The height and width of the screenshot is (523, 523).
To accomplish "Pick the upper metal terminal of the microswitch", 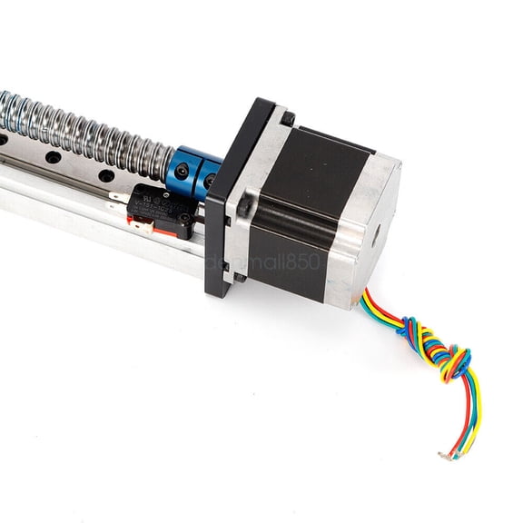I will pyautogui.click(x=117, y=193).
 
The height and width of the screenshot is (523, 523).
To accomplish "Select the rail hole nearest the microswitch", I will pyautogui.click(x=106, y=176).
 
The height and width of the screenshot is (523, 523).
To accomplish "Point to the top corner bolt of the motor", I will pyautogui.click(x=287, y=118).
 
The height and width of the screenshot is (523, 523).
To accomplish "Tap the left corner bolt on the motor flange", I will pyautogui.click(x=243, y=209).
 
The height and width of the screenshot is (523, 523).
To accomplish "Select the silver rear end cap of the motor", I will pyautogui.click(x=372, y=236).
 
